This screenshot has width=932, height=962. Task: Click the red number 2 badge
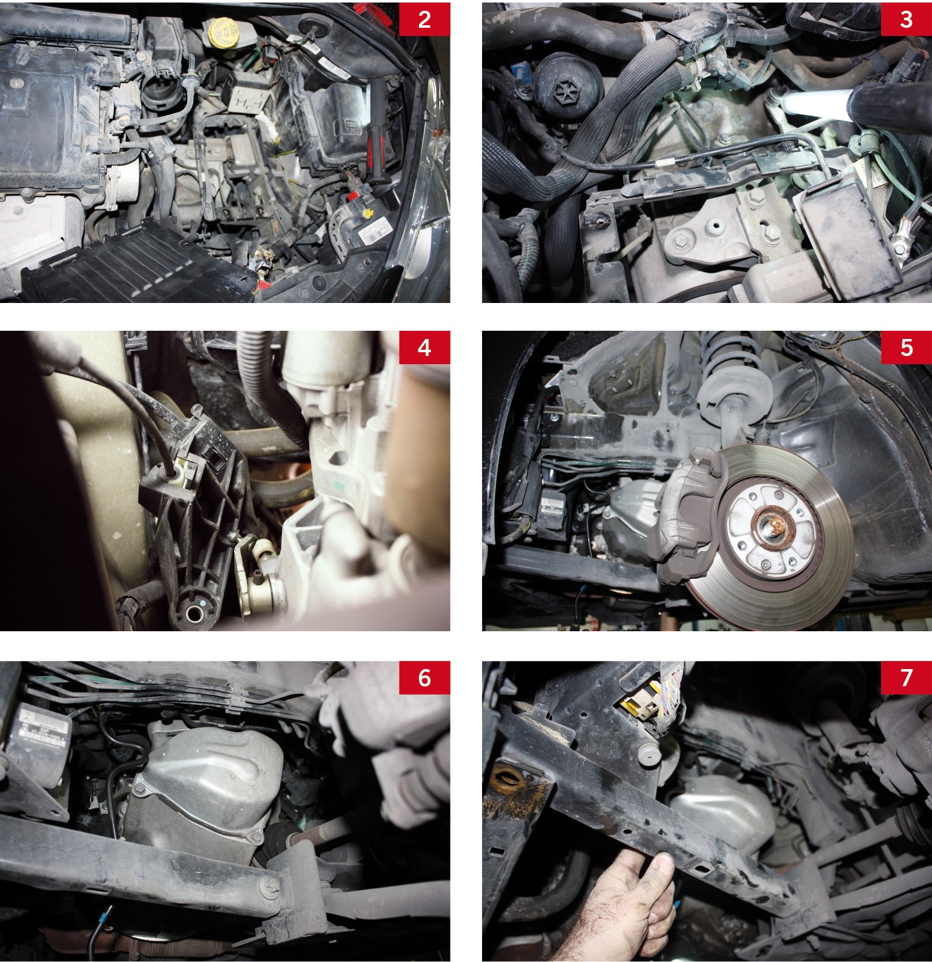[x=425, y=20]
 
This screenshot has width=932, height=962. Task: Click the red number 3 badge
[x=906, y=20]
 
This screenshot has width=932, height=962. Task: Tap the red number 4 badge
[x=425, y=348]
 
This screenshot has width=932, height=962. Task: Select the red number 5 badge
[x=906, y=348]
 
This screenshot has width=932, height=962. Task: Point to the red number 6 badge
[x=425, y=678]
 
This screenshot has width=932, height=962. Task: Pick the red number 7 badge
[x=906, y=678]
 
